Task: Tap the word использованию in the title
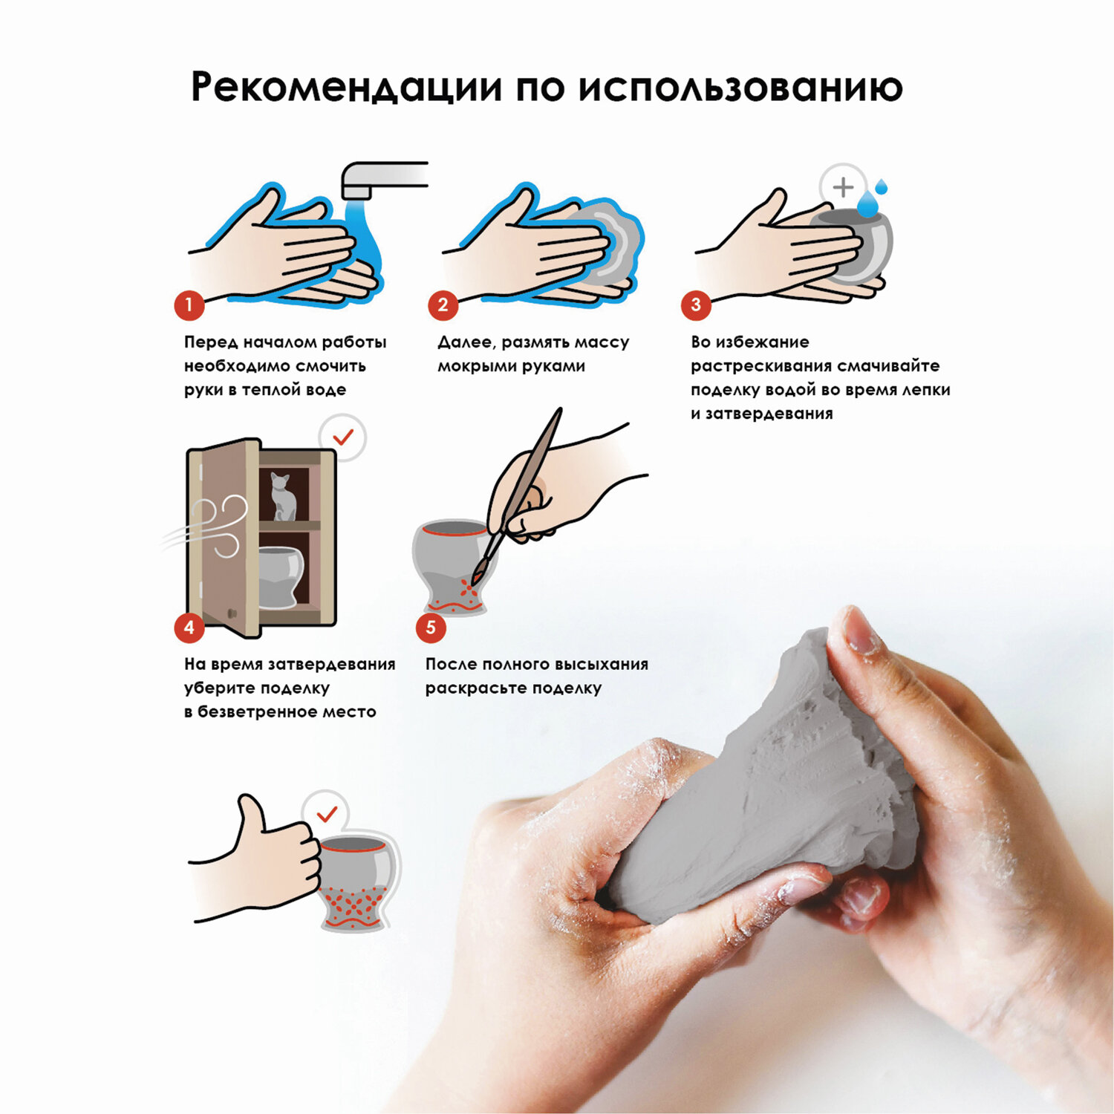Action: (740, 87)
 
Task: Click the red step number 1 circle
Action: (189, 304)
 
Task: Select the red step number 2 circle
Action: (443, 304)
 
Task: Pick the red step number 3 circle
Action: (696, 304)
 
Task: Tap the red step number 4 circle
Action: (189, 628)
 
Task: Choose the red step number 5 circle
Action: (431, 628)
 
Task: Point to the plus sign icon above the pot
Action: (843, 186)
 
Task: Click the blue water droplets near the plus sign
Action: (872, 198)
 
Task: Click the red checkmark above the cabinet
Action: (343, 437)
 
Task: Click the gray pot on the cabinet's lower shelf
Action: (281, 576)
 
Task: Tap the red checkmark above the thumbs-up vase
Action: (327, 815)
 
